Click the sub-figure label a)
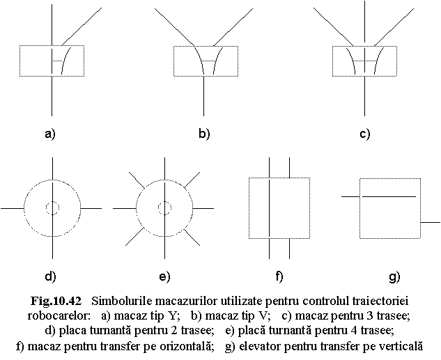point(50,134)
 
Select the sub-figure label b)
point(204,134)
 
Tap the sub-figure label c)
point(365,134)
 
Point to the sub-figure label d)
point(50,276)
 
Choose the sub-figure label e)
point(164,277)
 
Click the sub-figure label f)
point(279,276)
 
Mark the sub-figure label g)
point(394,277)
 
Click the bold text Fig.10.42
point(56,301)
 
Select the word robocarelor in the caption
point(59,316)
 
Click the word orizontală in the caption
point(185,346)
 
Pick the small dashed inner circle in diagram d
point(52,208)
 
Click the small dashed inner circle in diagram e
point(165,208)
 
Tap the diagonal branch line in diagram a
point(82,26)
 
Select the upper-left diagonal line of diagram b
point(174,27)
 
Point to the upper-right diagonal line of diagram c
point(394,27)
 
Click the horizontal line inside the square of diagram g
point(389,196)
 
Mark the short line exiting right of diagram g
point(431,222)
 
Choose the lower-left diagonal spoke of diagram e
point(135,236)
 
